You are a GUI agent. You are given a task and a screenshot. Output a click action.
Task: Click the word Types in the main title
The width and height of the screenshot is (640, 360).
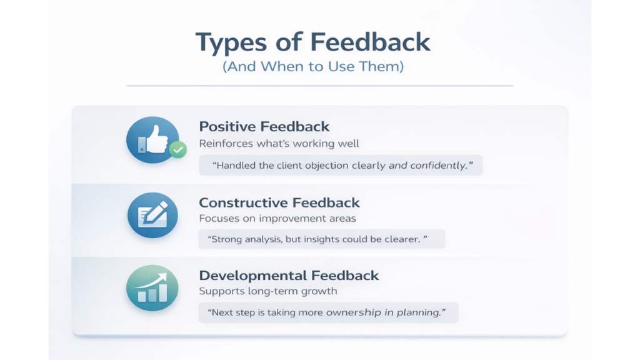pyautogui.click(x=231, y=43)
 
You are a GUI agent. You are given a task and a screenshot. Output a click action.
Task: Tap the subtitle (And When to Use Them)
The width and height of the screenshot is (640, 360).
pyautogui.click(x=313, y=66)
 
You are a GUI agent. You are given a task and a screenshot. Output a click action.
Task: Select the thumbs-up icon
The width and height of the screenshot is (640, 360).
pyautogui.click(x=152, y=139)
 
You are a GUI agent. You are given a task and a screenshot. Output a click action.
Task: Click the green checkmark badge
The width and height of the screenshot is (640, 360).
pyautogui.click(x=178, y=149)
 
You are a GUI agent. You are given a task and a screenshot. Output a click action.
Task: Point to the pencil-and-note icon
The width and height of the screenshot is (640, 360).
pyautogui.click(x=152, y=215)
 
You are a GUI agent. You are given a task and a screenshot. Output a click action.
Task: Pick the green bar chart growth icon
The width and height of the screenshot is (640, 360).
pyautogui.click(x=152, y=287)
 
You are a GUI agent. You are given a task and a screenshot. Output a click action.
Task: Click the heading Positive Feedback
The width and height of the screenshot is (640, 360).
pyautogui.click(x=264, y=126)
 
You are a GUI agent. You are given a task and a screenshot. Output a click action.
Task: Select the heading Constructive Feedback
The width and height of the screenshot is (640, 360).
pyautogui.click(x=279, y=202)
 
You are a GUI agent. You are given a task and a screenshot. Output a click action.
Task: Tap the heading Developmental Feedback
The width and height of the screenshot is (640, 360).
pyautogui.click(x=289, y=276)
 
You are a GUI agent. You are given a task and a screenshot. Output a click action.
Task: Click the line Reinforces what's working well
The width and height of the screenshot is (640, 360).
pyautogui.click(x=279, y=144)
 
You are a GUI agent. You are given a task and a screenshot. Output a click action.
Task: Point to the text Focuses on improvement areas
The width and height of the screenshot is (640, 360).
pyautogui.click(x=277, y=218)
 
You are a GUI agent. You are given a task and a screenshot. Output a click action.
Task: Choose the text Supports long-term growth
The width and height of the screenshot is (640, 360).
pyautogui.click(x=268, y=291)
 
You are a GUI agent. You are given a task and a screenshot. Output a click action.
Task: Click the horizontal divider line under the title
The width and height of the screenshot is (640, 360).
pyautogui.click(x=319, y=86)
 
